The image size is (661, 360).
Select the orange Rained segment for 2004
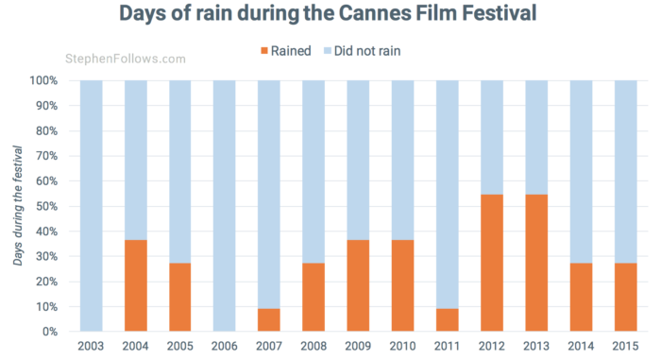coord(136,285)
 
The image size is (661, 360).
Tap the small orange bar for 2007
coord(270,319)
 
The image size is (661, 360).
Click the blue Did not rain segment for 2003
coord(92,206)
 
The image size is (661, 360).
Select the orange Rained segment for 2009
coord(359,285)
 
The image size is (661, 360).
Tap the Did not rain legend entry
coord(367,51)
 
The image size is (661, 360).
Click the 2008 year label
coord(314,347)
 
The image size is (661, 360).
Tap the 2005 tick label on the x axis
coord(180,347)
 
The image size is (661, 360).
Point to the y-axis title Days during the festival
coord(17,206)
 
